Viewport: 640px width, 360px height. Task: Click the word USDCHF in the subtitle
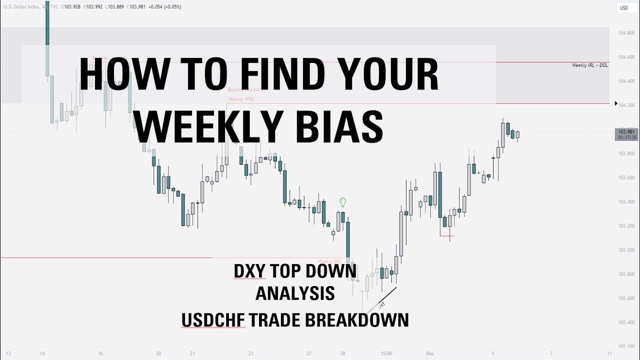[x=213, y=320]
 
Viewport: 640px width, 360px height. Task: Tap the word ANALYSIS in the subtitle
[x=295, y=293]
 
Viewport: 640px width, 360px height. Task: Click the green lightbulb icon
[x=343, y=202]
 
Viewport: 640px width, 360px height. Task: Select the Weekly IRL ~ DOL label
[x=590, y=65]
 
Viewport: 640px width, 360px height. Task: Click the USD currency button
[x=624, y=7]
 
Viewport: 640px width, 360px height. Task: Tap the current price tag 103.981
[x=626, y=132]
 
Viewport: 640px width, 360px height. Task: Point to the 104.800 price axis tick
[x=626, y=33]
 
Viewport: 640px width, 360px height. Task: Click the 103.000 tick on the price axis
[x=626, y=250]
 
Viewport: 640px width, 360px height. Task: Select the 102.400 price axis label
[x=626, y=322]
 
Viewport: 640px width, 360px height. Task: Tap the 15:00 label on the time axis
[x=386, y=353]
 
